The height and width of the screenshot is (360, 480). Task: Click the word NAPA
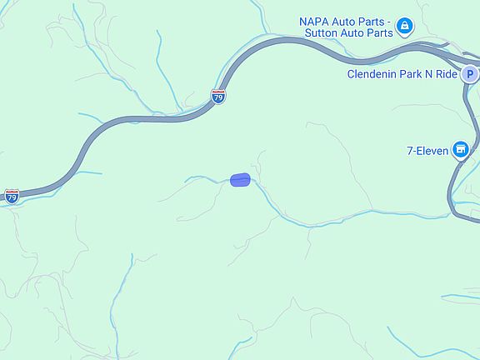(316, 21)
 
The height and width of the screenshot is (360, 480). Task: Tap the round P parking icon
(471, 73)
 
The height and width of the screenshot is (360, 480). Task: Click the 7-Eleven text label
(427, 151)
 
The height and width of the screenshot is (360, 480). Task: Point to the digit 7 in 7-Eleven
(410, 151)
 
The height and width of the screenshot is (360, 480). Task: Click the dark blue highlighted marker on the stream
(240, 180)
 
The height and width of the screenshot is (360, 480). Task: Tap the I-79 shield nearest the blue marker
(218, 97)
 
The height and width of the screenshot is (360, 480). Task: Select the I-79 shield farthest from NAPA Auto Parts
(12, 197)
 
